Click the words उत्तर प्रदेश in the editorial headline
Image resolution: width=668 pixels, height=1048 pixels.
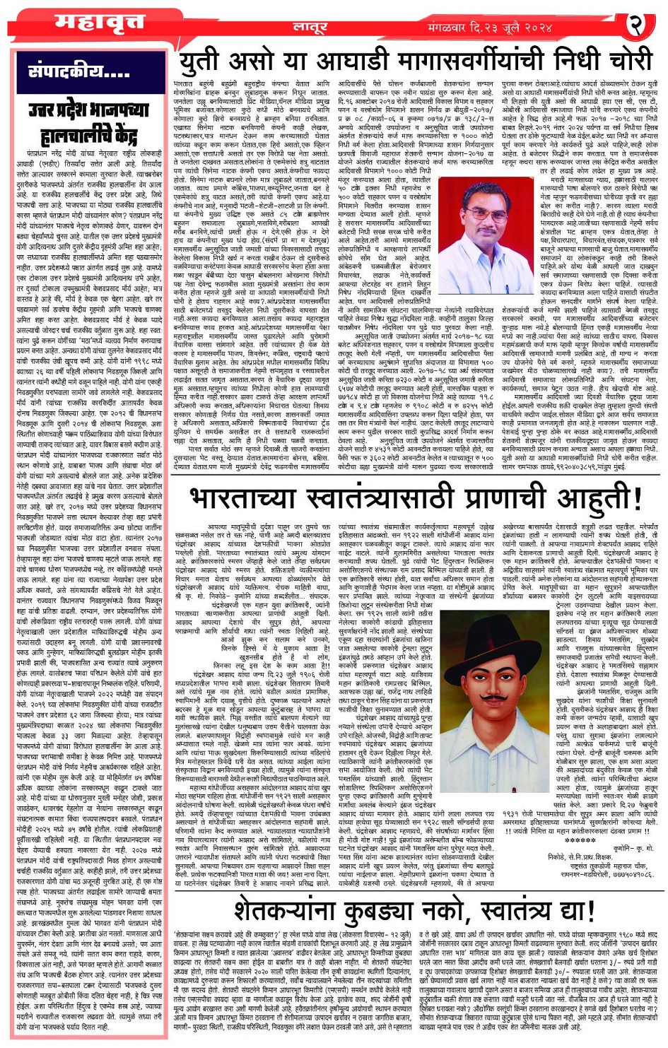(x=71, y=110)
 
